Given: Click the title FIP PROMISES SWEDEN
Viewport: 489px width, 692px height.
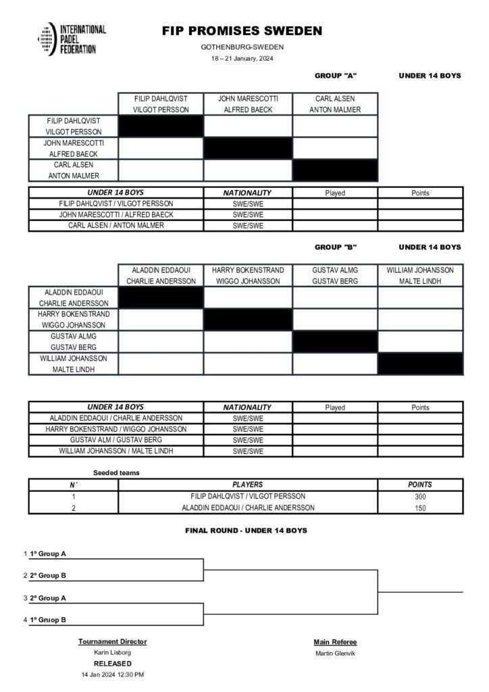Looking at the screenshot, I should [242, 31].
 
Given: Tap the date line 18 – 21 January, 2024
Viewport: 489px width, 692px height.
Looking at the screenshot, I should [242, 59].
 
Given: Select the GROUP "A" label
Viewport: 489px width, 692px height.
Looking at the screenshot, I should [336, 76].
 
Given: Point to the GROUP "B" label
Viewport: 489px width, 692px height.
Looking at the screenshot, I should [336, 247].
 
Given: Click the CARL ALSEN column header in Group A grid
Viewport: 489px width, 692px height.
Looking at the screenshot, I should [334, 104].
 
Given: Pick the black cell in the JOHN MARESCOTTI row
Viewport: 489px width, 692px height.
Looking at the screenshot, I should [248, 149].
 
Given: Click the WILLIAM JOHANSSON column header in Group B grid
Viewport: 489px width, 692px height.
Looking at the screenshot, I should [420, 276].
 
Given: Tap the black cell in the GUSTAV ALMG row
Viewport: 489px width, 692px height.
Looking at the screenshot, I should [334, 342].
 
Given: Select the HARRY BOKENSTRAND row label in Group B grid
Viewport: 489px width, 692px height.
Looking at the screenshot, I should [72, 320].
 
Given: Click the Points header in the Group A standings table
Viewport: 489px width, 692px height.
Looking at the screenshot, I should [420, 193].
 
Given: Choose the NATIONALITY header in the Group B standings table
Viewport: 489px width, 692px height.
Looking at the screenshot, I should [247, 407].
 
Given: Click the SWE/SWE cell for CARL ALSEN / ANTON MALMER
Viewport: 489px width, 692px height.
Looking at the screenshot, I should [247, 226].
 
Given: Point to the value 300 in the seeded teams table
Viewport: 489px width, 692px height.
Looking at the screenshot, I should [420, 496].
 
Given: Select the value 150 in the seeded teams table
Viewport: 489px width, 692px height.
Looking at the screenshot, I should [420, 508].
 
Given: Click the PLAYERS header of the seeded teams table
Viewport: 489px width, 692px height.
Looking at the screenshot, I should [247, 485].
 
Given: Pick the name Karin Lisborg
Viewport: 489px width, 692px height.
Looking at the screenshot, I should [112, 653].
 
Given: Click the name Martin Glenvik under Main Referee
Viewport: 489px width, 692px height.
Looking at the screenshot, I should [335, 653].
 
